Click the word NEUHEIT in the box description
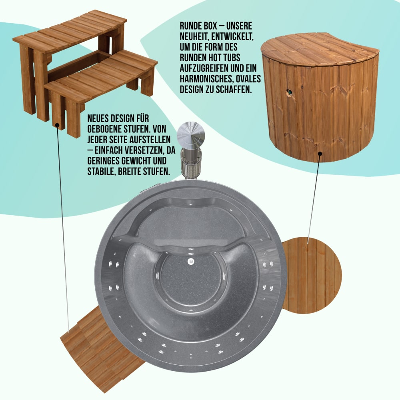[194, 36]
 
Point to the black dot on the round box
[320, 154]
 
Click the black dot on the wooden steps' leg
[57, 125]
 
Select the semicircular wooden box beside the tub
[311, 276]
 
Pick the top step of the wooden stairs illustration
[70, 32]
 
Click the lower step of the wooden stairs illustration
[102, 74]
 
